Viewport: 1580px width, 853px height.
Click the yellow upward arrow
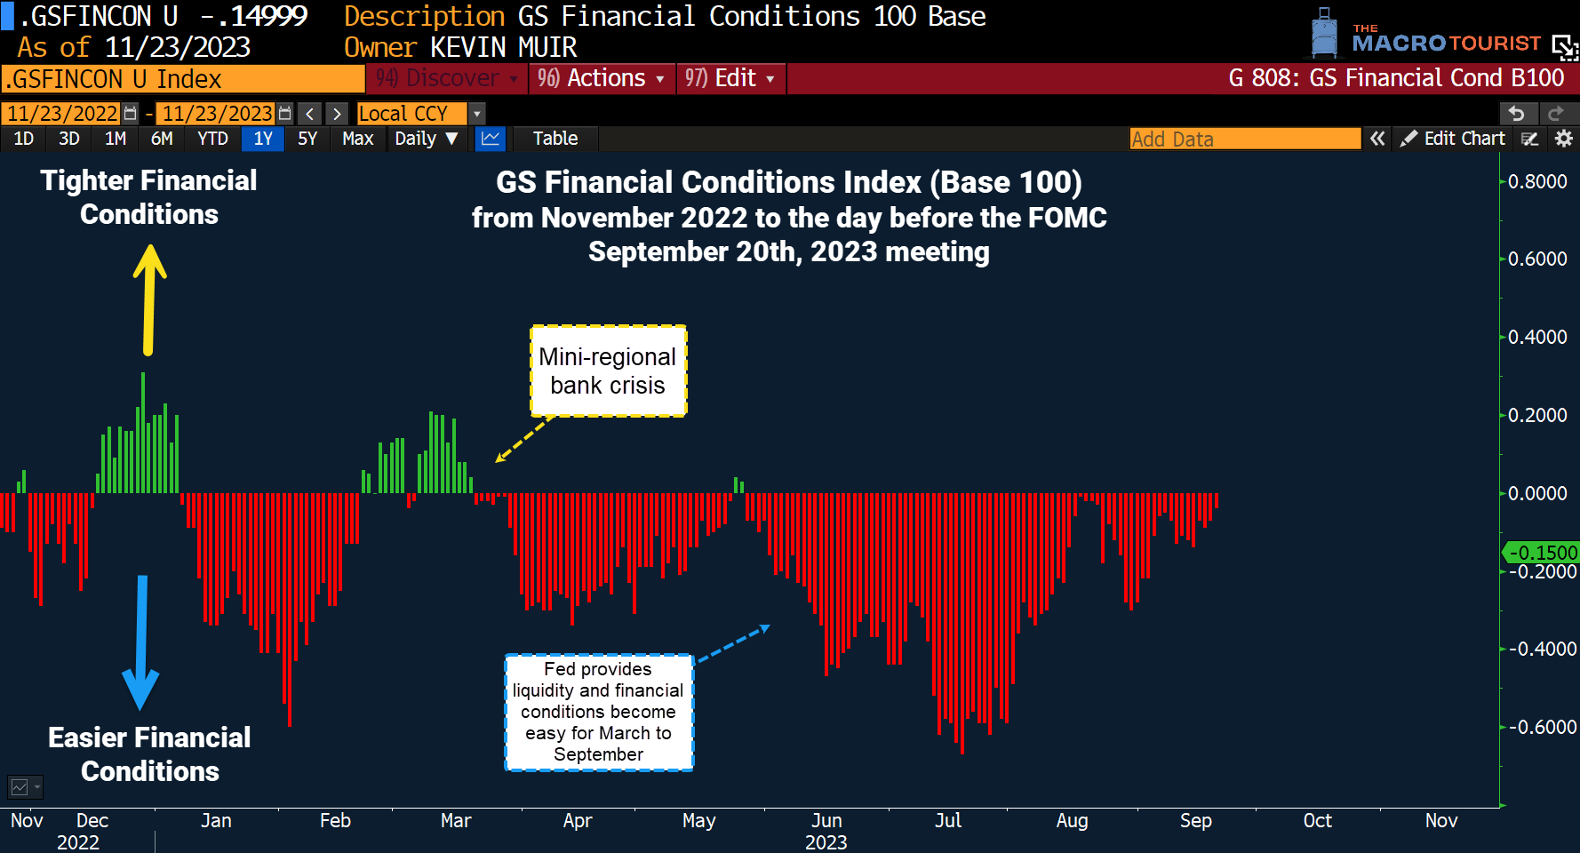point(149,300)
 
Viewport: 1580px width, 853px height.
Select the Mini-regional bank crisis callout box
point(609,371)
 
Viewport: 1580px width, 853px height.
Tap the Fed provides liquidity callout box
point(599,712)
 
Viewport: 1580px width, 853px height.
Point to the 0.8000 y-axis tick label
point(1537,182)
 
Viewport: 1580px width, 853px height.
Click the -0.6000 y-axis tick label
point(1541,728)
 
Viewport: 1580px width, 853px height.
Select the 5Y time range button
point(307,139)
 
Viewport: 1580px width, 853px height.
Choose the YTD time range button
point(213,139)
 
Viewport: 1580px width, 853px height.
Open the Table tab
point(555,139)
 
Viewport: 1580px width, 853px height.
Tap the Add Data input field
point(1244,139)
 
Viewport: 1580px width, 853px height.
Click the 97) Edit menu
point(730,78)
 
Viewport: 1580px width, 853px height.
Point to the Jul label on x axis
point(948,821)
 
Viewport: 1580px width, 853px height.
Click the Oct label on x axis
point(1317,821)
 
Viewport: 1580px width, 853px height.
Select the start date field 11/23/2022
point(62,114)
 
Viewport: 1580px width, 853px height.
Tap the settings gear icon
point(1564,139)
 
